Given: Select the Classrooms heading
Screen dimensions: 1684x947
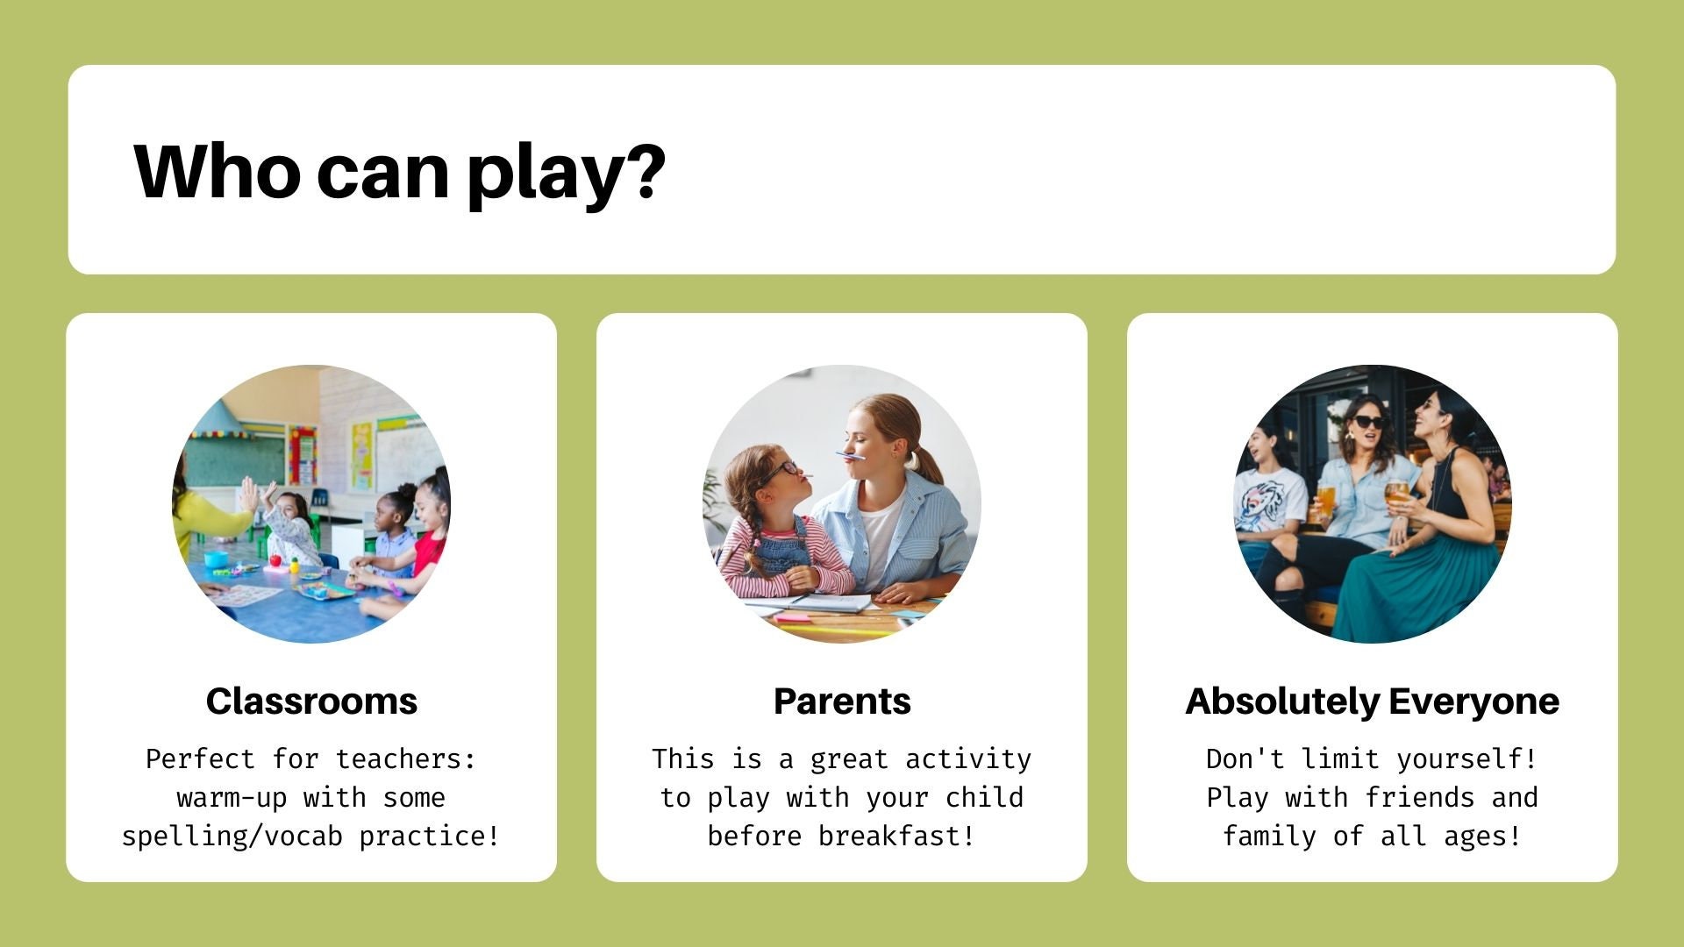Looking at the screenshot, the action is click(311, 701).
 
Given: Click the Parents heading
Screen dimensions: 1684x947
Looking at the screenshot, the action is click(842, 701).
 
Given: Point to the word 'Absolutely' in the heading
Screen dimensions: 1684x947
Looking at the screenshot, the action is click(1282, 702).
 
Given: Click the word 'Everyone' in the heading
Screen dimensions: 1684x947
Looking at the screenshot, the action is click(1474, 702).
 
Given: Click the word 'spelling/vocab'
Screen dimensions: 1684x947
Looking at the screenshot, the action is click(232, 837).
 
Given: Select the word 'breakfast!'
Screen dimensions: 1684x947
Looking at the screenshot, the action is click(896, 836).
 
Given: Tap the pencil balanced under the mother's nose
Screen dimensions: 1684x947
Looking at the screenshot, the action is click(850, 455).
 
